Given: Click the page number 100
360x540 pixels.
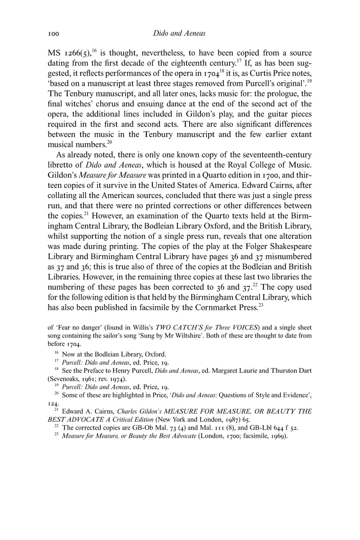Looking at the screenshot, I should [54, 34].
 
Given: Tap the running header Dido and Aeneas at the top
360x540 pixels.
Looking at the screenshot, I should [179, 34].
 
